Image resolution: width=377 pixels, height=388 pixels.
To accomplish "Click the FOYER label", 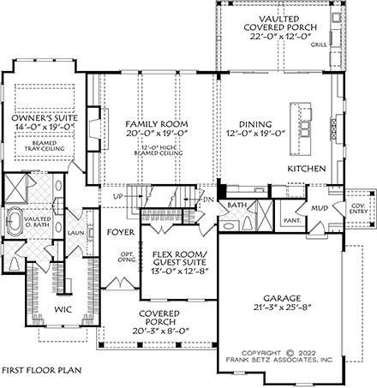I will [x=117, y=231].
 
